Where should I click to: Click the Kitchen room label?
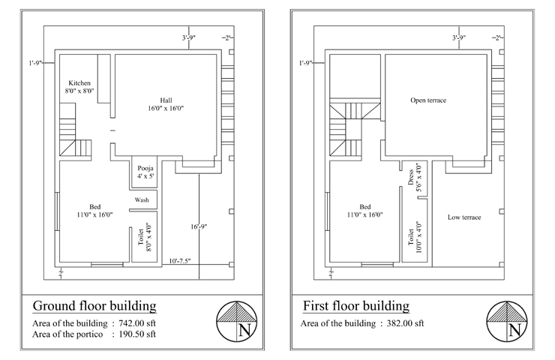(x=79, y=87)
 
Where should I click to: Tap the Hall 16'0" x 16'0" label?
(x=166, y=104)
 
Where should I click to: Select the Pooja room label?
(x=145, y=172)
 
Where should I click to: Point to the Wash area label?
(x=142, y=200)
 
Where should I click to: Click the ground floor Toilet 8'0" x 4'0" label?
(x=145, y=237)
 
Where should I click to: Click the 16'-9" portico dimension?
(x=199, y=226)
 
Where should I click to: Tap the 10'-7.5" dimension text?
(x=180, y=261)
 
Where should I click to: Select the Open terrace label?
(x=428, y=100)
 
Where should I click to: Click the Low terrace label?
(x=464, y=217)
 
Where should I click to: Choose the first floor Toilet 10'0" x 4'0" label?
(x=415, y=237)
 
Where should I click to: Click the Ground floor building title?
(x=94, y=306)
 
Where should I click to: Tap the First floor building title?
(x=356, y=306)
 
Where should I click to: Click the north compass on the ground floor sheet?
(x=236, y=322)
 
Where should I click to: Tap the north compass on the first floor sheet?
(x=507, y=322)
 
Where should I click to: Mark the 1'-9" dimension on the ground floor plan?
(x=35, y=63)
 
